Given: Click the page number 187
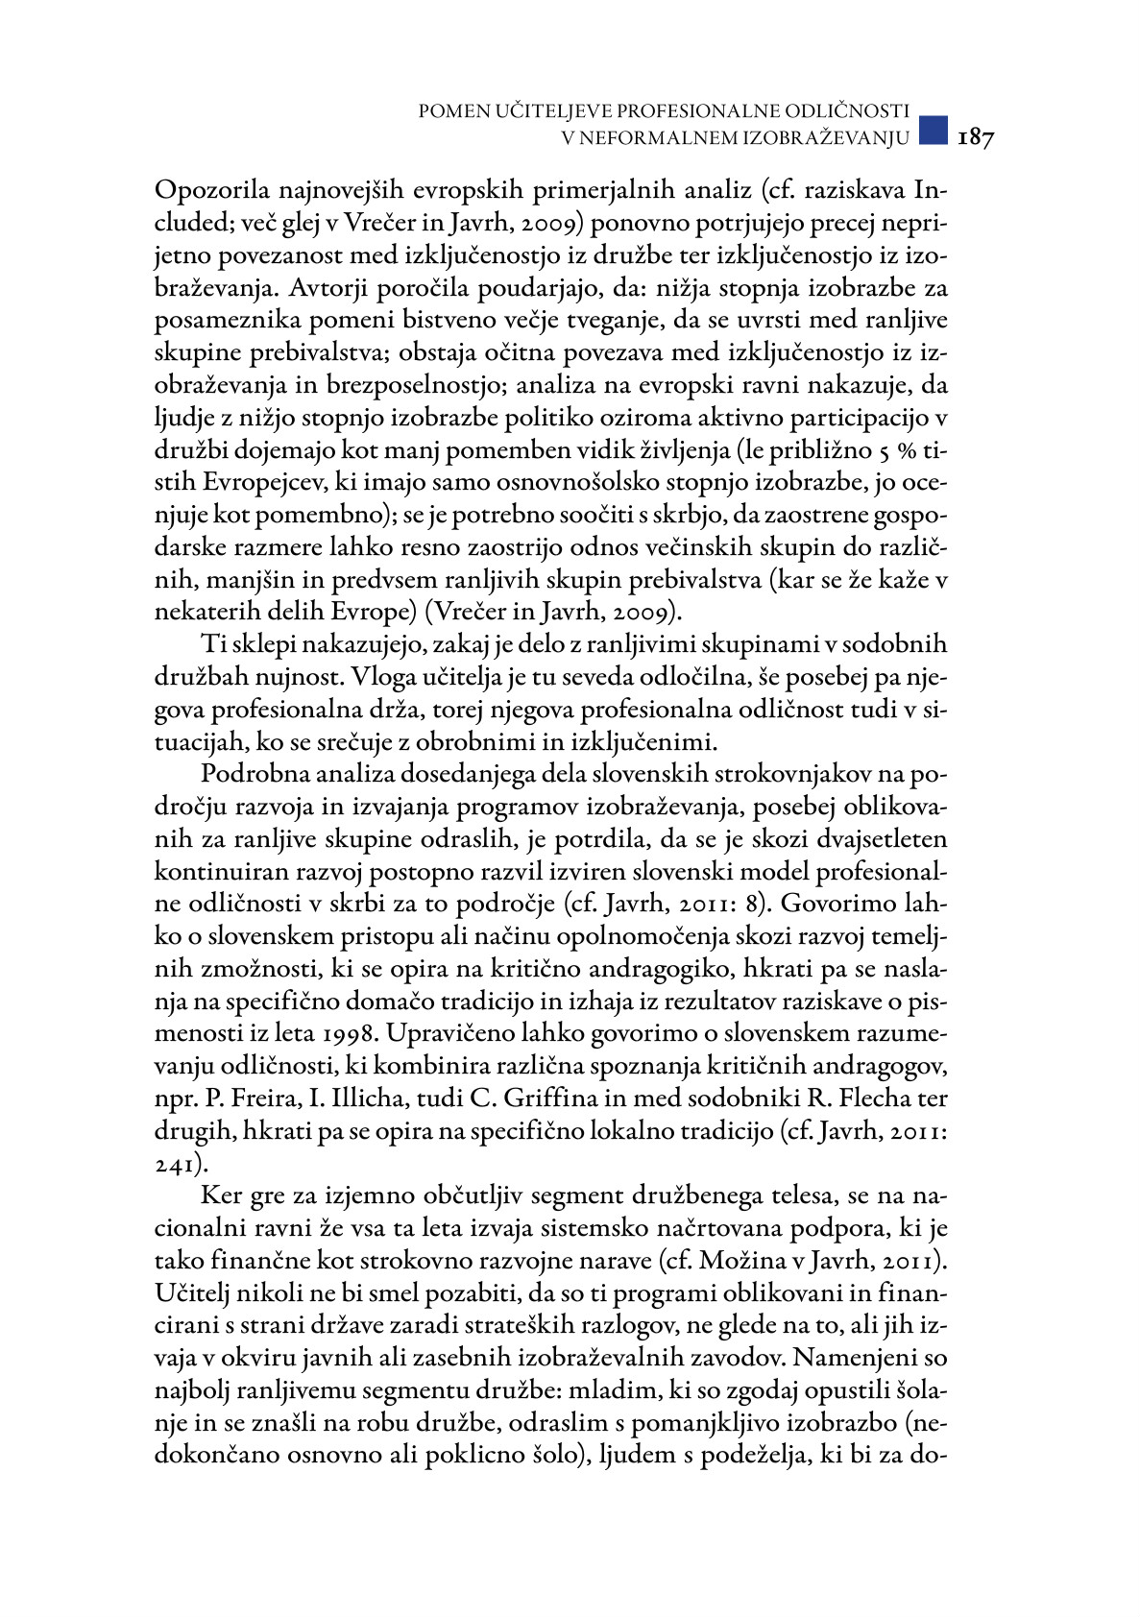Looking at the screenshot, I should click(976, 137).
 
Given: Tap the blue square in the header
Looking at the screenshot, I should click(934, 130).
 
